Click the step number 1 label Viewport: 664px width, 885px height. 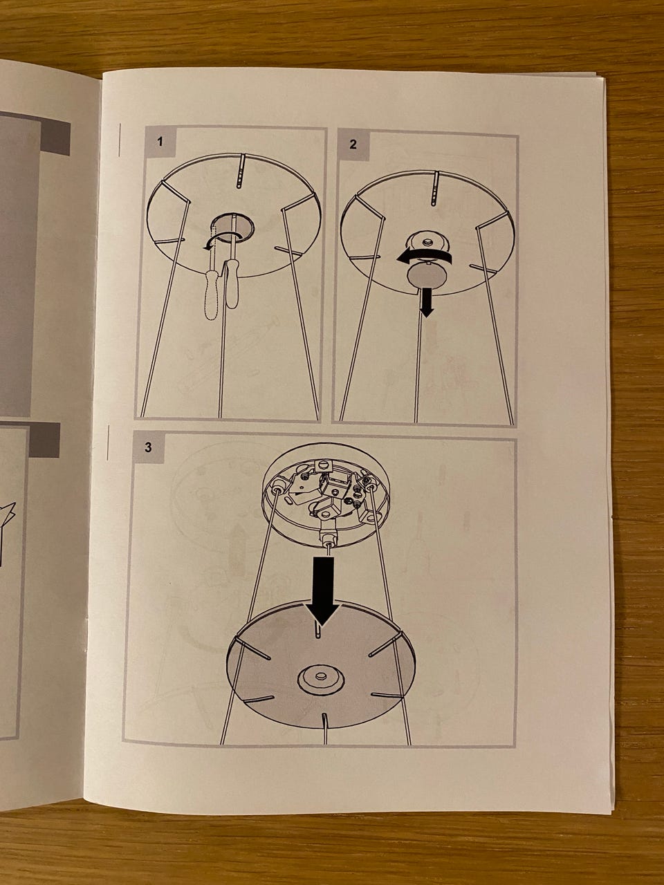(x=160, y=142)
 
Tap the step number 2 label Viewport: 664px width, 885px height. (x=353, y=145)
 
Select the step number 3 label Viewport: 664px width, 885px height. (x=148, y=447)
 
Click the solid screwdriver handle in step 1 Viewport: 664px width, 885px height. (x=232, y=284)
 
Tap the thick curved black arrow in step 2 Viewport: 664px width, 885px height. (x=423, y=257)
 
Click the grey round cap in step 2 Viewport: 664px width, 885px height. (x=425, y=276)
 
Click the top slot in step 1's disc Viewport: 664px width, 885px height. (x=241, y=171)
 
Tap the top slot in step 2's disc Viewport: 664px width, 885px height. (x=434, y=188)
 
